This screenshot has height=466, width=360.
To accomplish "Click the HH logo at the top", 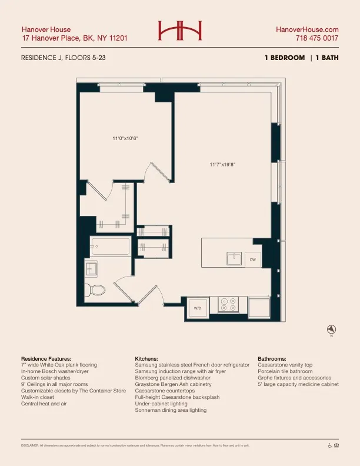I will (179, 31).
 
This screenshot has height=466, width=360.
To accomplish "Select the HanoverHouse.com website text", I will (307, 29).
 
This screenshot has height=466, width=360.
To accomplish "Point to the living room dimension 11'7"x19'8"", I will (223, 165).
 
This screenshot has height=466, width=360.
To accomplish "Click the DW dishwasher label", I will (252, 259).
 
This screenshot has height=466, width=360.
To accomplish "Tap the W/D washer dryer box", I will (198, 308).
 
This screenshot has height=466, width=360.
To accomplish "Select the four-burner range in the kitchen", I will (228, 304).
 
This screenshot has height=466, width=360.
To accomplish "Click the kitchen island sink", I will (234, 258).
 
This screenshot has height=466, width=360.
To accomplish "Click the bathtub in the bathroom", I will (110, 247).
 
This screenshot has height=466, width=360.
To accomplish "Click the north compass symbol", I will (331, 329).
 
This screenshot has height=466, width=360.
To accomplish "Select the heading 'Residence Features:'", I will (46, 358).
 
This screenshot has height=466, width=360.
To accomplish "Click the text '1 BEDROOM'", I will (285, 58).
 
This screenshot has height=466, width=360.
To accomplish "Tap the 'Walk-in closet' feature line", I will (41, 397).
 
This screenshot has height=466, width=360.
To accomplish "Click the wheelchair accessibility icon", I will (329, 445).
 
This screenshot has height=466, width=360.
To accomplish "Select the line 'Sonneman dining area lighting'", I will (171, 410).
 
